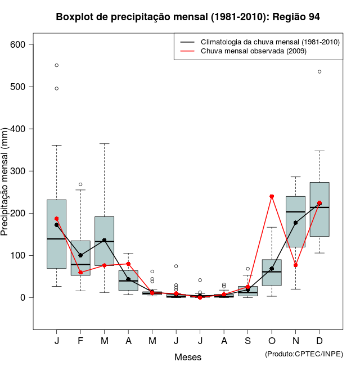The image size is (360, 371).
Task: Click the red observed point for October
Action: pyautogui.click(x=272, y=196)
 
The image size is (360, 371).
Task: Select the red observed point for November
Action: pyautogui.click(x=295, y=265)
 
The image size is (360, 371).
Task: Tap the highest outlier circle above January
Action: pyautogui.click(x=57, y=65)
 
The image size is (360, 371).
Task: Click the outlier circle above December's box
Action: pyautogui.click(x=319, y=71)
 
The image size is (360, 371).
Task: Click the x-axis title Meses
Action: pyautogui.click(x=188, y=357)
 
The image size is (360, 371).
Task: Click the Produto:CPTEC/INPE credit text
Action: pyautogui.click(x=304, y=354)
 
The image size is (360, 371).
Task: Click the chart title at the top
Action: pyautogui.click(x=188, y=17)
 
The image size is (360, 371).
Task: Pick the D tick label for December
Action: pyautogui.click(x=319, y=341)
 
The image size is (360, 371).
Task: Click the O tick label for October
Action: pyautogui.click(x=272, y=341)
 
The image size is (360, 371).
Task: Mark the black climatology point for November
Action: pyautogui.click(x=295, y=223)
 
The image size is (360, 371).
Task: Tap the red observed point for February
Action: pyautogui.click(x=80, y=273)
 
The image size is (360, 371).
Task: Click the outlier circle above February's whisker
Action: pyautogui.click(x=80, y=184)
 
